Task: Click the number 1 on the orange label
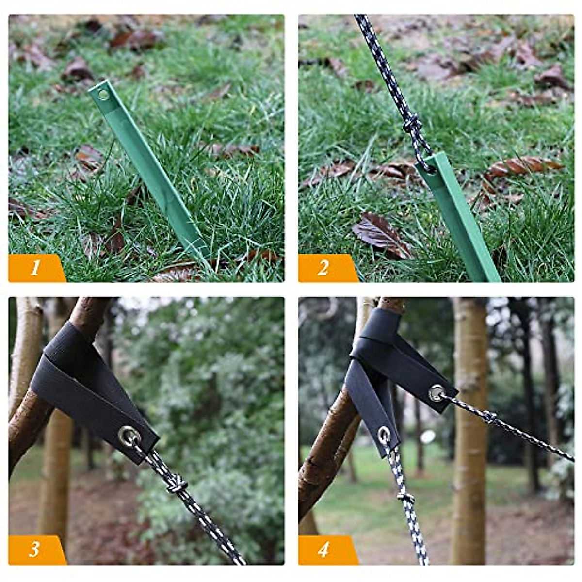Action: (x=35, y=267)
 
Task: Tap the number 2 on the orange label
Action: (x=323, y=267)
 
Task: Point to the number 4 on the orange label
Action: (x=323, y=549)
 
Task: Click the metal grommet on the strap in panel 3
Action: (x=129, y=435)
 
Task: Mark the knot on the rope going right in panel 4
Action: (x=489, y=416)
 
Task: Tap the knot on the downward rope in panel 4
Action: (x=404, y=496)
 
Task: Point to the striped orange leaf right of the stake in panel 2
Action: (x=521, y=166)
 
